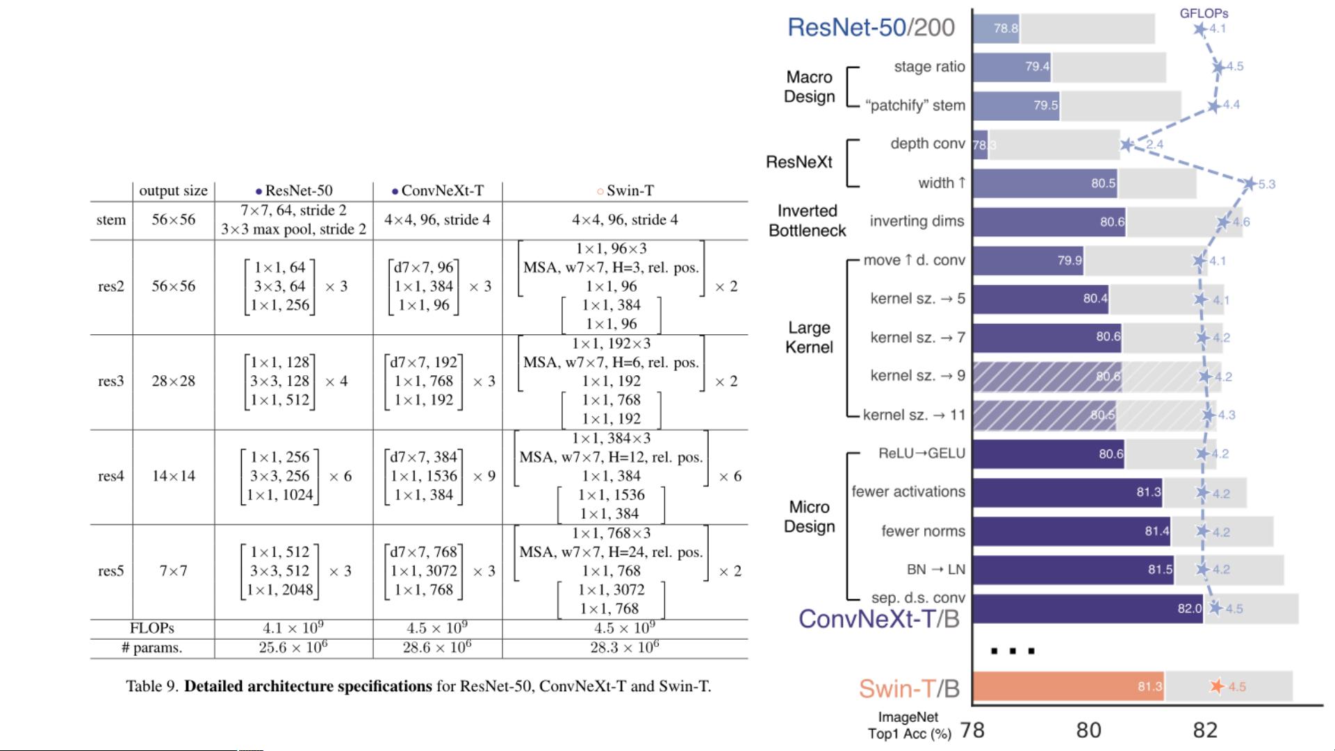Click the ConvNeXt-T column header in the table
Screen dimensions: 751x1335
[x=438, y=191]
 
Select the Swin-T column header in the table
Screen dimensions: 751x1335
[x=625, y=191]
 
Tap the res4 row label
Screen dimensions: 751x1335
[x=111, y=477]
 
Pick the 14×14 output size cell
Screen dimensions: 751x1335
[x=173, y=477]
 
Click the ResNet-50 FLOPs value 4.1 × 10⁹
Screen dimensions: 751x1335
[x=293, y=629]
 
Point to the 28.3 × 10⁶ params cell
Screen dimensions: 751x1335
[x=624, y=648]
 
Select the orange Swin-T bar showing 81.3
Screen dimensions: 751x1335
[x=1068, y=686]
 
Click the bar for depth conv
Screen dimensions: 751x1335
[x=980, y=145]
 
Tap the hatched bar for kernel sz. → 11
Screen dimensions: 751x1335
[x=1044, y=415]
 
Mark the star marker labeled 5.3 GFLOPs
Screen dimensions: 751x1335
[x=1250, y=184]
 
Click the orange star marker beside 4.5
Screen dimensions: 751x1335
[x=1216, y=686]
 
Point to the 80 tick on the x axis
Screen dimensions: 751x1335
[x=1088, y=730]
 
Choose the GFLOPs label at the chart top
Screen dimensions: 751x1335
[x=1204, y=13]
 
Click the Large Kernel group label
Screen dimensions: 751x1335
[x=809, y=338]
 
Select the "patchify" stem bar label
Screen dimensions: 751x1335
[x=915, y=106]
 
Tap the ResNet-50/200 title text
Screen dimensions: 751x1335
[x=871, y=28]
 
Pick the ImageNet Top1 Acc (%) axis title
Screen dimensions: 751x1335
[x=908, y=725]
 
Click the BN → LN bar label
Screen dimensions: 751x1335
[x=935, y=570]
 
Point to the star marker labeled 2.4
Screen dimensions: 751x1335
[x=1127, y=145]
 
